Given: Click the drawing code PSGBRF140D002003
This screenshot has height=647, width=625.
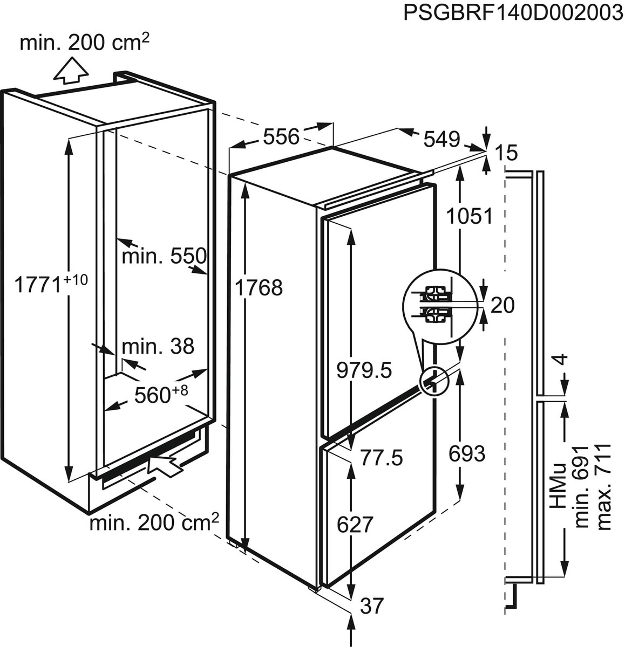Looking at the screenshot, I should pos(513,13).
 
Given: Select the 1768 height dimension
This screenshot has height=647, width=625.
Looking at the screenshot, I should pos(259,288).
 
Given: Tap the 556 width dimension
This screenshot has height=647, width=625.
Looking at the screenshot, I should pos(281,137).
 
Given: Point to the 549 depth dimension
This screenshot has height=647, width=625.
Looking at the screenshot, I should pos(441,139).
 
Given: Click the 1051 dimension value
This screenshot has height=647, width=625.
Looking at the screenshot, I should pos(470,216).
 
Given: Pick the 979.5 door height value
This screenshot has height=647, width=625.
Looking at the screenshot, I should pos(364,370).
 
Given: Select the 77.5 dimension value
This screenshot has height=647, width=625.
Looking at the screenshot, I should pos(382,458).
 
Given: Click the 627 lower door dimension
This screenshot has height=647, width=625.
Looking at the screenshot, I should pos(355,524).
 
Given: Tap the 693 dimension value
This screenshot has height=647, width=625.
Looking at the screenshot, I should pos(467,455).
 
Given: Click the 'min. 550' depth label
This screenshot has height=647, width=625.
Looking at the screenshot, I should pos(164,256).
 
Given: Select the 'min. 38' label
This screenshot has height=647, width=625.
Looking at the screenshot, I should pos(158,346).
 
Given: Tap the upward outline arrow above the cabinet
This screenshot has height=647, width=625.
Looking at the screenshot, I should pos(71,72).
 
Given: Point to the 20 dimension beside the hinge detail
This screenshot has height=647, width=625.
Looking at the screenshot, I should pos(502,306).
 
